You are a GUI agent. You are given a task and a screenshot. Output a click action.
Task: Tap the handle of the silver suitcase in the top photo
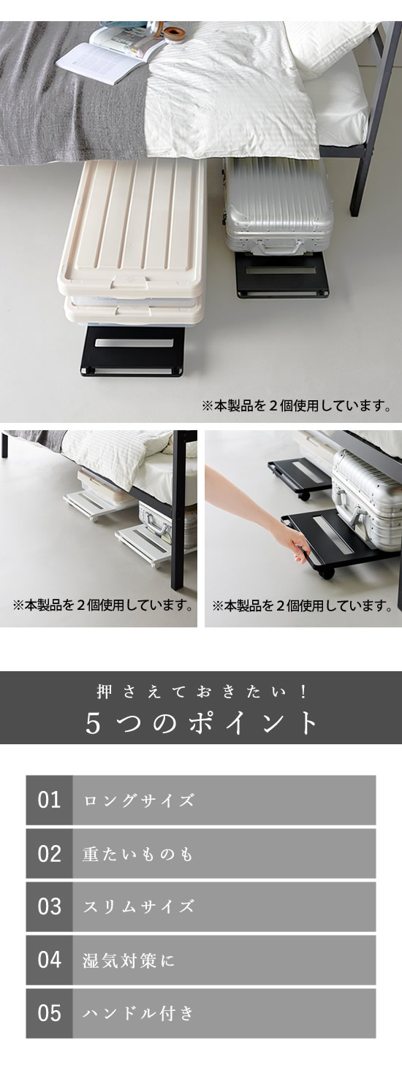[x=278, y=246]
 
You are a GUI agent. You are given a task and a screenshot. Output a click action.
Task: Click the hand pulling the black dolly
[x=300, y=545]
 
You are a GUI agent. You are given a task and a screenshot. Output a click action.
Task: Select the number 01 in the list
[x=49, y=800]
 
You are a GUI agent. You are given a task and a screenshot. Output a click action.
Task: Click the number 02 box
[x=49, y=854]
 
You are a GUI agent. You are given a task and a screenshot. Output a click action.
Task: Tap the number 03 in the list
[x=49, y=906]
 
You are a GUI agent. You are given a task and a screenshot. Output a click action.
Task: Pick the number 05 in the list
[x=49, y=1013]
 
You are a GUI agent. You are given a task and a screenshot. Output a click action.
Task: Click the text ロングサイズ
[x=139, y=800]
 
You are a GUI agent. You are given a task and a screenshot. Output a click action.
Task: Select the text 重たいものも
[x=137, y=854]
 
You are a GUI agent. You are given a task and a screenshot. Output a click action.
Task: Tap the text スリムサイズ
[x=139, y=906]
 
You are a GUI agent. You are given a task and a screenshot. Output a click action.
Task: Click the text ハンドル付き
[x=139, y=1013]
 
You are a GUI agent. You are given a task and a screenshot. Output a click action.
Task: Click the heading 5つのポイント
[x=201, y=723]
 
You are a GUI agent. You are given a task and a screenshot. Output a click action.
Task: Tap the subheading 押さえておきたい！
[x=201, y=692]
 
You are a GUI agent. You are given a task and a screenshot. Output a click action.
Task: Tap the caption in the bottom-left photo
[x=103, y=605]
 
